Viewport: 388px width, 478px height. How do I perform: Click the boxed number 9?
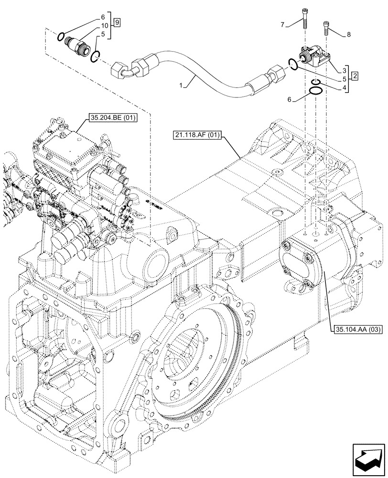point(117,22)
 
